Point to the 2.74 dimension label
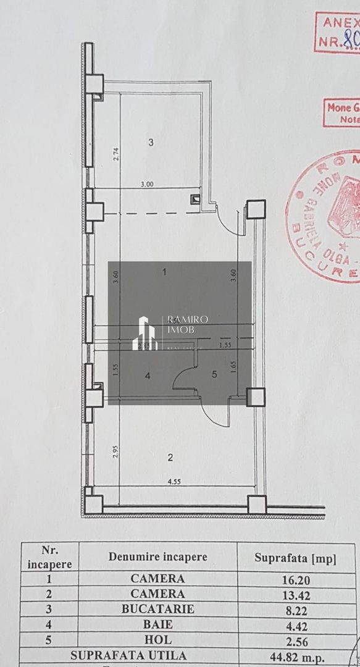click(x=115, y=154)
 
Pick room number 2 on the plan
click(x=169, y=458)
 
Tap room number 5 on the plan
click(x=214, y=374)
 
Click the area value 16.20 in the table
click(x=295, y=579)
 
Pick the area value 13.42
click(x=295, y=594)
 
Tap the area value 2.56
click(x=295, y=640)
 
